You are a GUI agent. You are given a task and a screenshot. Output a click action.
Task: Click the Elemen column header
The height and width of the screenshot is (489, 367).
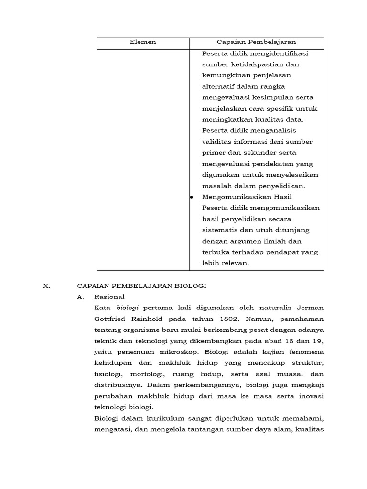143,43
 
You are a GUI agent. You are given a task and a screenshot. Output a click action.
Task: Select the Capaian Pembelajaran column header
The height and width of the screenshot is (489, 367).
256,43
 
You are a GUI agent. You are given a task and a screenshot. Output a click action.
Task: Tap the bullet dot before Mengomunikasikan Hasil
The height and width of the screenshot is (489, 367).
192,197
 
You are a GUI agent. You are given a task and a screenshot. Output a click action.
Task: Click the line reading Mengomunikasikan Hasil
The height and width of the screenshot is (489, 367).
247,197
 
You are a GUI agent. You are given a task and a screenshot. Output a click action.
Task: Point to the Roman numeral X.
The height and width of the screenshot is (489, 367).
46,286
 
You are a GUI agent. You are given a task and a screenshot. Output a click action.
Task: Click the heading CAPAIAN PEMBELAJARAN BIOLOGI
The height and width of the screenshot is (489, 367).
141,286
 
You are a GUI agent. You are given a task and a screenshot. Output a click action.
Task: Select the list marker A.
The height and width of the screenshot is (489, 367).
81,297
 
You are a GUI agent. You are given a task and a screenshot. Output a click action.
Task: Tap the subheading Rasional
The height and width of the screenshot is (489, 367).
109,297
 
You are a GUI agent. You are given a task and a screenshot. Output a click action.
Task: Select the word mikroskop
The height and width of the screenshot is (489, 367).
172,352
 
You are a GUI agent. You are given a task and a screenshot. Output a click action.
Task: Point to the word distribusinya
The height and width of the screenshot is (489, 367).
120,385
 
